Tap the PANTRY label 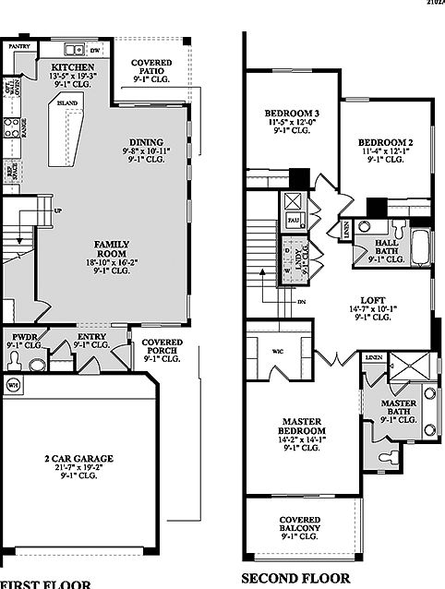pyautogui.click(x=20, y=44)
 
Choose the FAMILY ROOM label pyautogui.click(x=114, y=249)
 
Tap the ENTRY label pyautogui.click(x=93, y=339)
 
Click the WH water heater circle pyautogui.click(x=14, y=382)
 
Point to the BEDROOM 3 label pyautogui.click(x=285, y=114)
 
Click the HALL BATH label pyautogui.click(x=387, y=246)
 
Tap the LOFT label pyautogui.click(x=371, y=300)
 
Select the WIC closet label pyautogui.click(x=277, y=352)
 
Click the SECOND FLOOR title pyautogui.click(x=295, y=579)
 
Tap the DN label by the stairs pyautogui.click(x=302, y=301)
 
